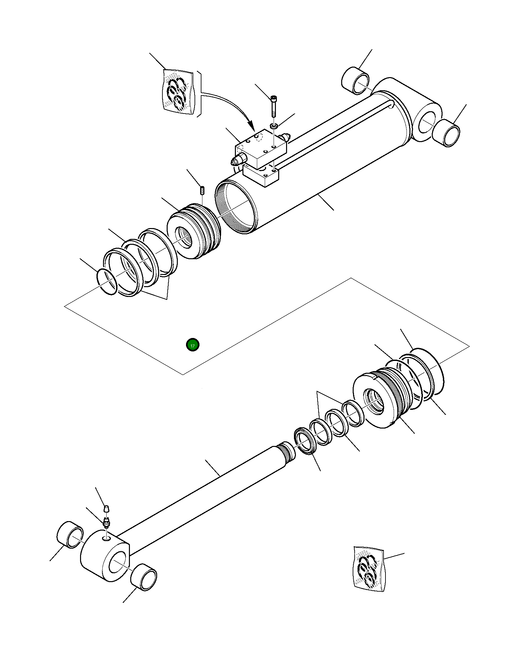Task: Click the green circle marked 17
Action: point(193,345)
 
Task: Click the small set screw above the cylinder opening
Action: point(202,190)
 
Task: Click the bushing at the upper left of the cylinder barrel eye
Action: point(355,81)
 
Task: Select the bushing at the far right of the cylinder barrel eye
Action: point(446,133)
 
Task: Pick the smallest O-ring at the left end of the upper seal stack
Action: point(107,282)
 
